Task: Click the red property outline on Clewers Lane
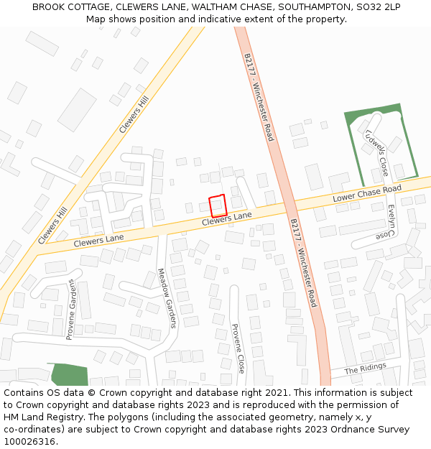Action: pos(218,205)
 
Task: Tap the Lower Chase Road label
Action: pos(366,194)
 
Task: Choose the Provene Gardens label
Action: pos(71,309)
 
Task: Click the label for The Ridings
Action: pos(365,369)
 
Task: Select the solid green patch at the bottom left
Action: pos(69,374)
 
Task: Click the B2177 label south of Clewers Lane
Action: pos(302,263)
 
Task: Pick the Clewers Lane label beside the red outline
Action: pos(226,219)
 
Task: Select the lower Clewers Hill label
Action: pos(52,224)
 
